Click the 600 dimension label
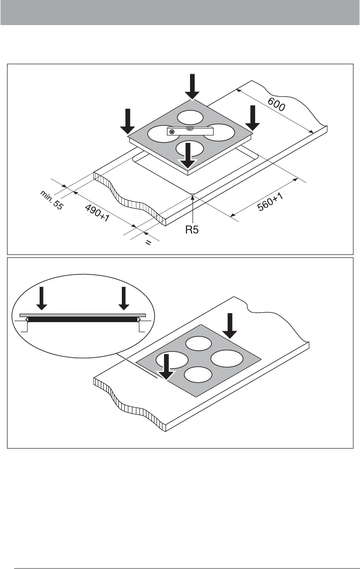(x=276, y=104)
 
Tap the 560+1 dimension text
(x=270, y=202)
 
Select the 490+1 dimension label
(x=97, y=213)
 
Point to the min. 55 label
(x=52, y=200)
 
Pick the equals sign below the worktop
(x=148, y=242)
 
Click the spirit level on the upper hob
(x=191, y=130)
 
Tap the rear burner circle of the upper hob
(x=191, y=117)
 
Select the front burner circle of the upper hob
(x=190, y=149)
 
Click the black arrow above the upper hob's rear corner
(x=192, y=86)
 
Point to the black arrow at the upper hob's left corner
(x=128, y=121)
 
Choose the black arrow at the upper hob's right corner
(x=253, y=118)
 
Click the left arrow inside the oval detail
(x=42, y=298)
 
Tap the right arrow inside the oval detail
(x=124, y=298)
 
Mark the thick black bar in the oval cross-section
(x=83, y=320)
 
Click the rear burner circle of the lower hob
(x=199, y=343)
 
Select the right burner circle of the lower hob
(x=227, y=359)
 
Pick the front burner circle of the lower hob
(x=198, y=374)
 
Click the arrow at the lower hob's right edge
(x=230, y=326)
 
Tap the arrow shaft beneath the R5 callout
(x=194, y=209)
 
